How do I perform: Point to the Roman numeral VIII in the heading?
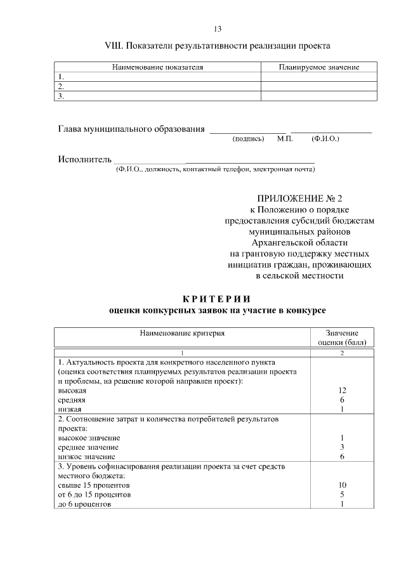(114, 46)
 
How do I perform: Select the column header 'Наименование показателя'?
(157, 67)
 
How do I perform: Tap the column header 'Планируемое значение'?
(319, 67)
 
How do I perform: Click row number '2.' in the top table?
(61, 86)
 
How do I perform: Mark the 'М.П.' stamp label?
(285, 138)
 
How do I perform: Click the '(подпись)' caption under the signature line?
(248, 138)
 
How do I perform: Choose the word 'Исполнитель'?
(85, 159)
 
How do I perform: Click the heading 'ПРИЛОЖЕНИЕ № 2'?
(299, 199)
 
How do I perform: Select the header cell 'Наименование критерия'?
(182, 332)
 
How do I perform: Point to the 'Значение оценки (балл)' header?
(342, 337)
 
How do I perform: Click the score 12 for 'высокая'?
(342, 391)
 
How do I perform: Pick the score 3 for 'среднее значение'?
(342, 447)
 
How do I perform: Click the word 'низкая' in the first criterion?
(70, 410)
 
